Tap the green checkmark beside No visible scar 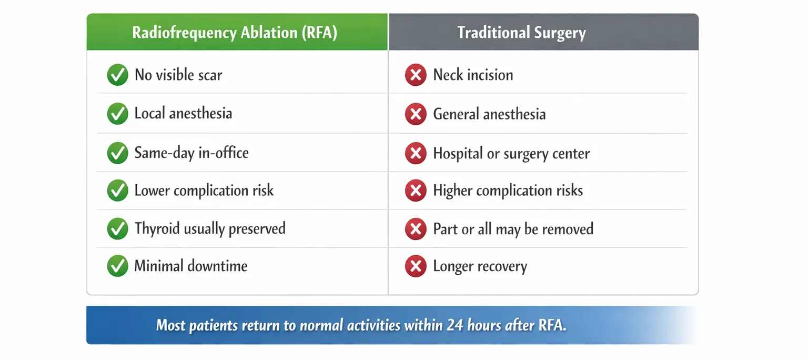pos(118,75)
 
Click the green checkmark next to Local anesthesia pos(118,114)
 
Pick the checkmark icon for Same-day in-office pos(118,153)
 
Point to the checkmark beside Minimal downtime pos(118,266)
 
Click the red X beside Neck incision pos(416,75)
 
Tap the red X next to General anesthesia pos(416,114)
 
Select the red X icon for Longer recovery pos(416,266)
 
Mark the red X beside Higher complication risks pos(416,190)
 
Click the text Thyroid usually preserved pos(210,229)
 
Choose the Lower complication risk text pos(204,190)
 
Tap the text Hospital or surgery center pos(511,154)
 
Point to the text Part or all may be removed pos(513,229)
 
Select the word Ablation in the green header pos(269,33)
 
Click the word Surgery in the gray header pos(560,33)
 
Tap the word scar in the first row pos(210,75)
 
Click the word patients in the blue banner pos(213,326)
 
